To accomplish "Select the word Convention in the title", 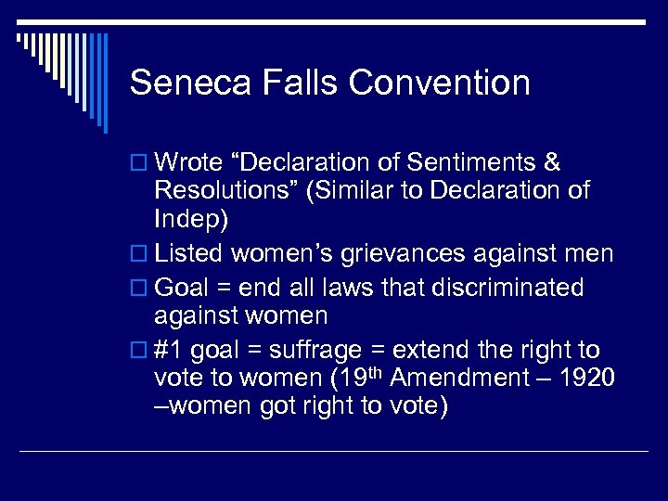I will click(440, 83).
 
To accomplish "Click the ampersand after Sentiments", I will click(551, 163).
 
